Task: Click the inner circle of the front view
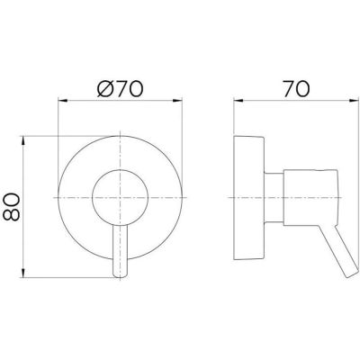coord(117,194)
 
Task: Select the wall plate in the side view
coord(247,196)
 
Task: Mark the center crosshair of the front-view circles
coord(117,196)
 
